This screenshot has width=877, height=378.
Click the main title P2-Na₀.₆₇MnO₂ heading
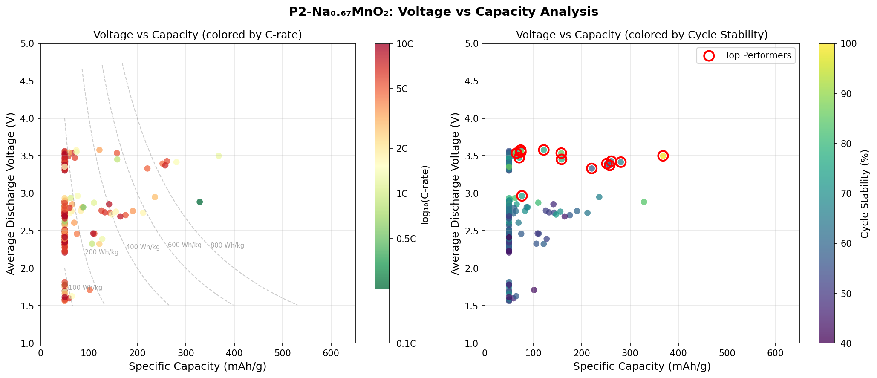click(x=443, y=12)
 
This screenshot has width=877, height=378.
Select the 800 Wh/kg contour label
click(x=227, y=245)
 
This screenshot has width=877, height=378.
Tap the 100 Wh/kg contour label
click(x=85, y=288)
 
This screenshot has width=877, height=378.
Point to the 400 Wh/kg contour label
click(x=143, y=247)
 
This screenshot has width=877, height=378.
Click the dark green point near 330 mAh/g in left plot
click(x=199, y=202)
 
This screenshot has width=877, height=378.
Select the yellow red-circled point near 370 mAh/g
click(x=663, y=156)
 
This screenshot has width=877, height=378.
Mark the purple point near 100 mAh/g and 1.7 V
click(x=534, y=290)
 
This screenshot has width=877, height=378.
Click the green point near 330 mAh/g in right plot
click(x=644, y=202)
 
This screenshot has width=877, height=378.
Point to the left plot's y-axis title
click(x=12, y=193)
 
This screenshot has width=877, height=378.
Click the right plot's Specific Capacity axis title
click(x=642, y=366)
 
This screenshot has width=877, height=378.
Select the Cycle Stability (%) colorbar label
click(x=864, y=193)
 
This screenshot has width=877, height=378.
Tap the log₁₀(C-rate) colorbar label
click(x=425, y=193)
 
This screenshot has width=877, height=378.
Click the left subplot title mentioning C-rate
click(x=198, y=35)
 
